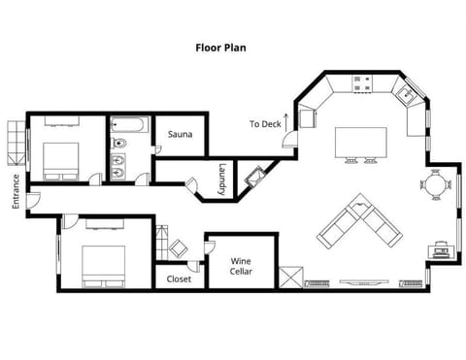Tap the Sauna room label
click(181, 135)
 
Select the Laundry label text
click(221, 179)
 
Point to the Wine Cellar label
click(242, 266)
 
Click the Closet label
click(179, 279)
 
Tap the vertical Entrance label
click(15, 191)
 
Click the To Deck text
click(264, 124)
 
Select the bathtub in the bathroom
click(129, 125)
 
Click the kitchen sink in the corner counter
click(406, 94)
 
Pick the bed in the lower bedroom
click(101, 263)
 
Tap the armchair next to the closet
click(179, 248)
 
